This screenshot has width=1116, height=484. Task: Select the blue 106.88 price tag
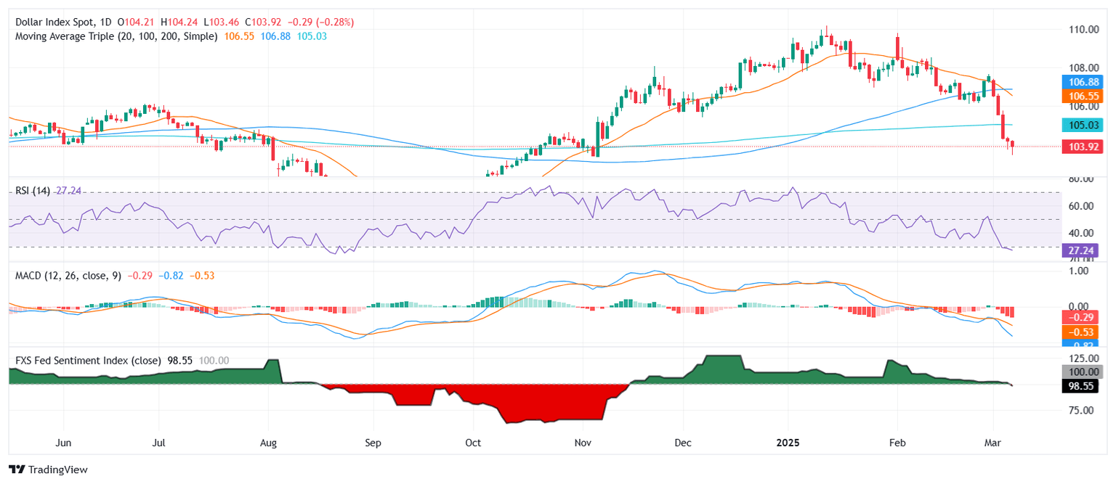pyautogui.click(x=1081, y=82)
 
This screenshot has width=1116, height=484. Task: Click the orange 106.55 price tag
pyautogui.click(x=1081, y=96)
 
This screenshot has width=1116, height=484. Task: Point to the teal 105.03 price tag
pyautogui.click(x=1081, y=124)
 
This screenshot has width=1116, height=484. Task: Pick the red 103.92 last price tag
pyautogui.click(x=1081, y=147)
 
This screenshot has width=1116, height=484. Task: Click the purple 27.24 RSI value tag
pyautogui.click(x=1081, y=250)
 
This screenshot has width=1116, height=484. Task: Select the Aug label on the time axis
pyautogui.click(x=269, y=441)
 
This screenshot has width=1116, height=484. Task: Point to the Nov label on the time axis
pyautogui.click(x=583, y=441)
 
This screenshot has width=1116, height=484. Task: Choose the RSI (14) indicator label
pyautogui.click(x=33, y=190)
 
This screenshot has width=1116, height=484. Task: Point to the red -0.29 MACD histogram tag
pyautogui.click(x=1081, y=317)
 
